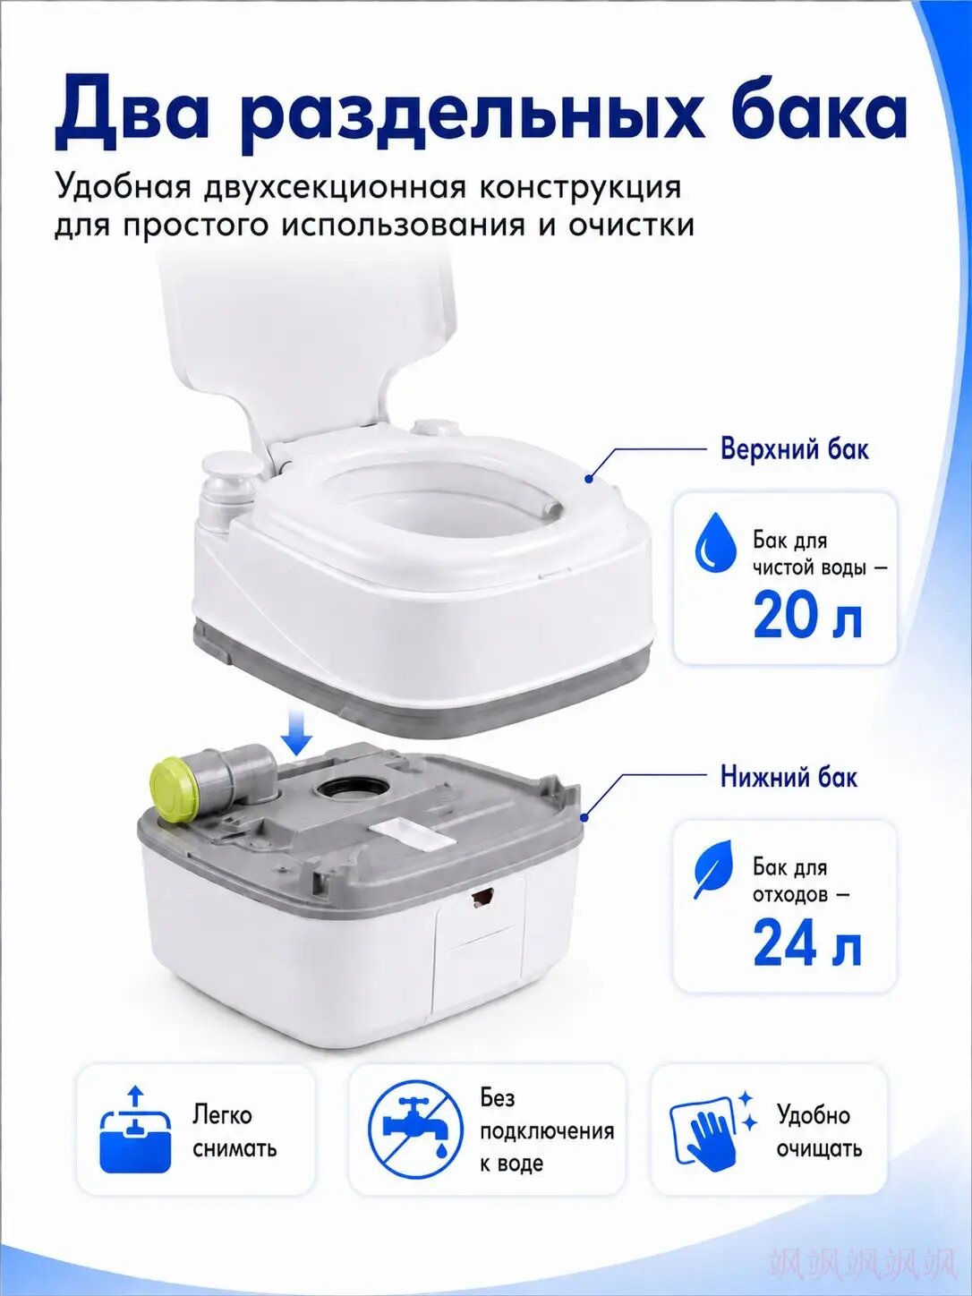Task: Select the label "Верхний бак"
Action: point(795,449)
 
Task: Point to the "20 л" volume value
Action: point(806,617)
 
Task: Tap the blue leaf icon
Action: point(713,871)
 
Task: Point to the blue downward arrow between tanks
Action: point(297,732)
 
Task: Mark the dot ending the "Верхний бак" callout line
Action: point(588,479)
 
